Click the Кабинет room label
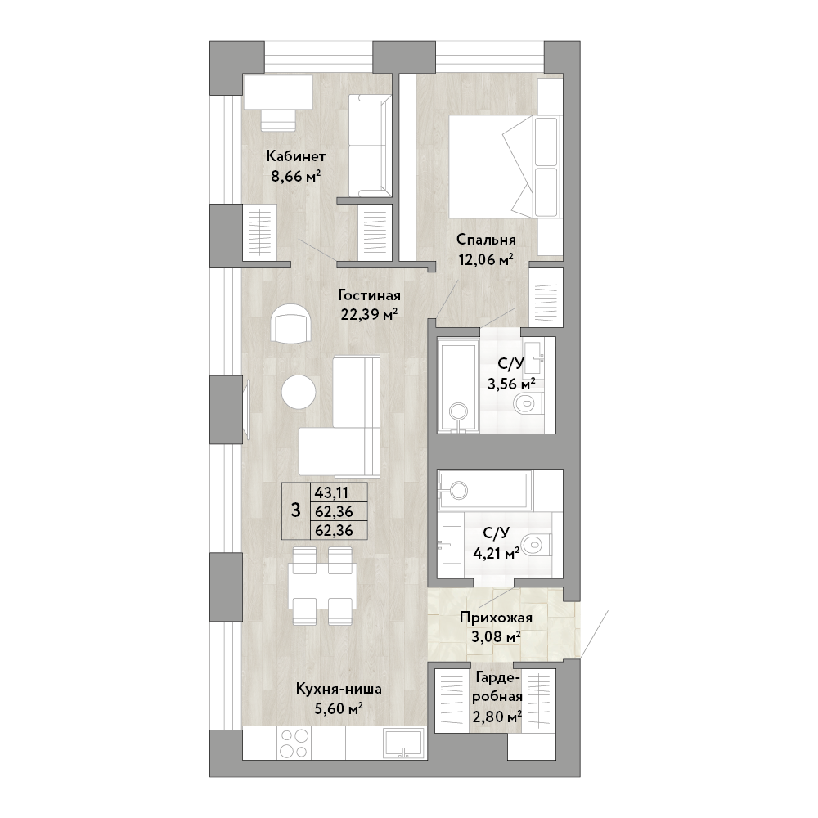point(296,156)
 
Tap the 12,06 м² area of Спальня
point(486,259)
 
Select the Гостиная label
point(370,296)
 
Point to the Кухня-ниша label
point(339,689)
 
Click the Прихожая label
point(496,618)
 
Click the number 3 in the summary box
point(296,510)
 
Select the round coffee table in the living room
point(299,393)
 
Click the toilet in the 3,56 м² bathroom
point(528,402)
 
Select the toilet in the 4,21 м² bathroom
point(537,545)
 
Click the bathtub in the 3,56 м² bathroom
point(457,386)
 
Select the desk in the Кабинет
point(278,92)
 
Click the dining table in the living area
point(322,586)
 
